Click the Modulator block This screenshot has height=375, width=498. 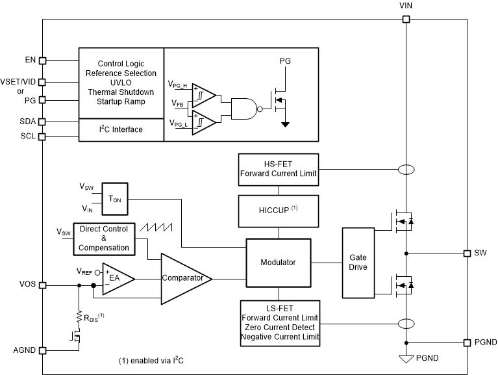point(279,263)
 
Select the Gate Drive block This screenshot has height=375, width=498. point(358,263)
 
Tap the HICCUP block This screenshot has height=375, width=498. point(279,211)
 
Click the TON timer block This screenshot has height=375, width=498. point(115,199)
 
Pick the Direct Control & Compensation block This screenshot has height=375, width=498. point(104,239)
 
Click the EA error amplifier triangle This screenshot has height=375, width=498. point(118,279)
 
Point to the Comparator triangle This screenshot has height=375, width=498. point(186,279)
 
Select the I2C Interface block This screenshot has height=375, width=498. point(121,130)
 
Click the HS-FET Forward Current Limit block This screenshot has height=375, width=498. point(279,170)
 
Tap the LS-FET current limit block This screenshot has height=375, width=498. point(280,323)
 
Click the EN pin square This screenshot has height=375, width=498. point(42,60)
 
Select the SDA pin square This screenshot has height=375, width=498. point(42,122)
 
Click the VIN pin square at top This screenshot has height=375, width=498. point(406,19)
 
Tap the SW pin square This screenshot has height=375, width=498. point(467,253)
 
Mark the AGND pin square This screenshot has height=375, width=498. point(42,350)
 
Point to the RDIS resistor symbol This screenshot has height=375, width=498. point(79,318)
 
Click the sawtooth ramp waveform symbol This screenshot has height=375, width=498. point(156,227)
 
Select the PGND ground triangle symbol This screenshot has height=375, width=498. point(406,359)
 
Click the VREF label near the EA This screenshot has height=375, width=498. point(84,272)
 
